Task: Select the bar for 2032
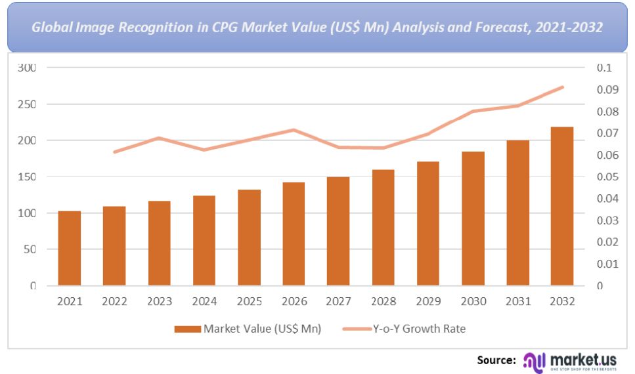[562, 206]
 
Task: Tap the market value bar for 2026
[294, 234]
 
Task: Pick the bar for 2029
[428, 223]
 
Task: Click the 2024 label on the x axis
[204, 302]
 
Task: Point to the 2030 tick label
[473, 302]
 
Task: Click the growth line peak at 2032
[562, 87]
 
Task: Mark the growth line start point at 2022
[115, 152]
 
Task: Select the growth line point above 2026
[294, 130]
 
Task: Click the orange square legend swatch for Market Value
[188, 329]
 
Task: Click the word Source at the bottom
[496, 360]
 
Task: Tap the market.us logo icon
[533, 360]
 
